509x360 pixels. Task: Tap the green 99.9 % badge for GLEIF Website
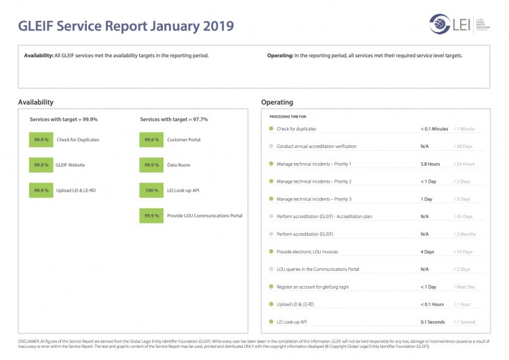tap(41, 165)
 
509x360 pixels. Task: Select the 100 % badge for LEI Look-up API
tap(151, 191)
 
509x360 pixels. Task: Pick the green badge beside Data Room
tap(151, 165)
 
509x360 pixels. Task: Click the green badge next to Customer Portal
tap(151, 140)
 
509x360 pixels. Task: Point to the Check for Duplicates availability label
tap(77, 140)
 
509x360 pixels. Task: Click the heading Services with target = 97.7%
tap(174, 120)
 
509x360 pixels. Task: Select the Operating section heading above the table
tap(277, 103)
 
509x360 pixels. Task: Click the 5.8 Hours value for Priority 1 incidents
tap(430, 164)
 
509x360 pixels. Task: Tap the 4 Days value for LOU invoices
tap(427, 251)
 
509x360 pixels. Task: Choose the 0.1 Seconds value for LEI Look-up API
tap(432, 322)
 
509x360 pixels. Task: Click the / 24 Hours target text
tap(464, 164)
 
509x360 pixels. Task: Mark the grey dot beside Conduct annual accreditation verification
tap(271, 146)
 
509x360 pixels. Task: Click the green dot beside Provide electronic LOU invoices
tap(271, 251)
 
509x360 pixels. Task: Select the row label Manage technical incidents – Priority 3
tap(314, 199)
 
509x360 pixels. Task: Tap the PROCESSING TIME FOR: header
tap(288, 117)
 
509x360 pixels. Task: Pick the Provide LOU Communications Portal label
tap(204, 216)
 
